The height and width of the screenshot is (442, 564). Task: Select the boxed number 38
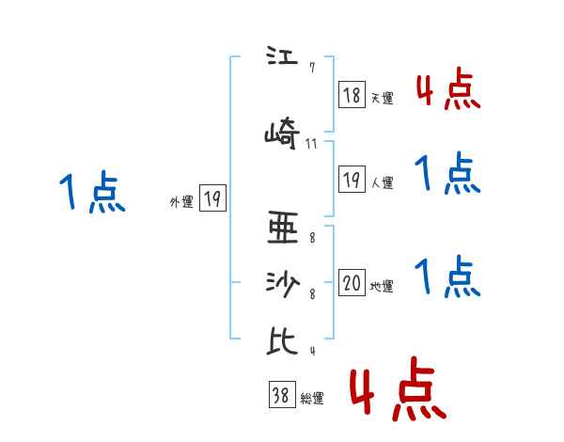[281, 397]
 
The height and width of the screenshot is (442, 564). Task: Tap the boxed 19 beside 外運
[212, 198]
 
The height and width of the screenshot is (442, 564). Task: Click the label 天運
[382, 97]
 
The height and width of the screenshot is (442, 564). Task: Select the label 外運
[181, 201]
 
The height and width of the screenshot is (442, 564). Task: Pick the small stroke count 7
[311, 68]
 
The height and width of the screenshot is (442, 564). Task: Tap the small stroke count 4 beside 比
[311, 352]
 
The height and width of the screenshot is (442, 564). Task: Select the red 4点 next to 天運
[447, 89]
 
